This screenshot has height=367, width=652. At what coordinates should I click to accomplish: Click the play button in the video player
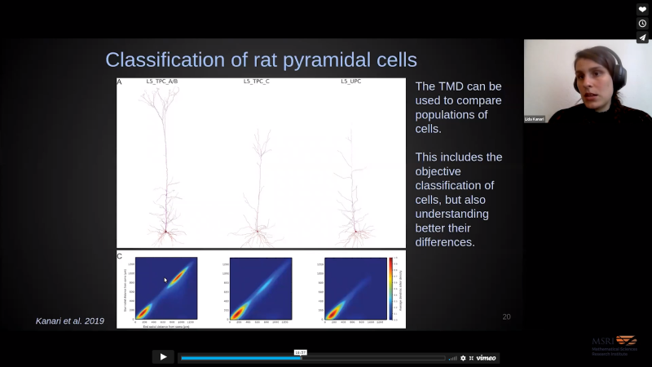(163, 356)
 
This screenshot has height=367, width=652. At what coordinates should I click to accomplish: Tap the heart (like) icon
(642, 9)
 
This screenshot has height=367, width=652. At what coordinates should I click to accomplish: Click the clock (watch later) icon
(642, 24)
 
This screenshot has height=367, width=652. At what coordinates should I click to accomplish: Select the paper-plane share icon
(642, 38)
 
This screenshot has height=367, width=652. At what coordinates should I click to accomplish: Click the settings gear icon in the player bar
(463, 357)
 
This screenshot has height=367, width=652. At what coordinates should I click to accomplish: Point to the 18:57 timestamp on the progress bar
(300, 352)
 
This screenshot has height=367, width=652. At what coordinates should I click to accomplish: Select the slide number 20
(506, 316)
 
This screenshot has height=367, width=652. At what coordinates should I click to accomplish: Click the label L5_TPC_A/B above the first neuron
(163, 82)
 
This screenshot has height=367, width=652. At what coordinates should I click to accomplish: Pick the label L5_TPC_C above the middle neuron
(258, 82)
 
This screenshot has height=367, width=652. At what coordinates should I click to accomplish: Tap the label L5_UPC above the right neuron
(350, 82)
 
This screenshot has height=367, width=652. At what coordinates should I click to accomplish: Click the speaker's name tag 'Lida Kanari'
(535, 119)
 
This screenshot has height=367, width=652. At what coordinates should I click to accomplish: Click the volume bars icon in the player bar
(452, 357)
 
